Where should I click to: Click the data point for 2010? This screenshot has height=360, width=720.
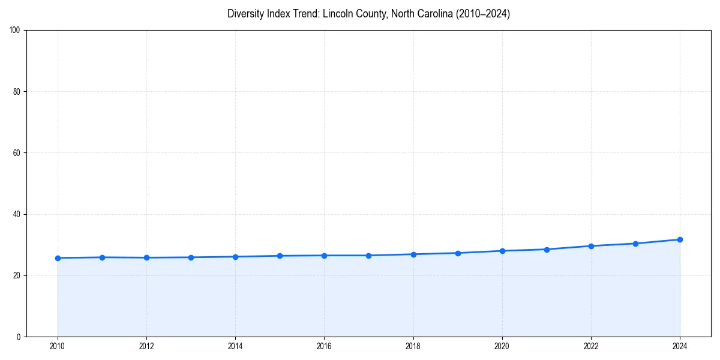click(58, 258)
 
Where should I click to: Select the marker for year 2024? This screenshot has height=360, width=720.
click(680, 239)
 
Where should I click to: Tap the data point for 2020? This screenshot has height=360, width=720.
click(502, 251)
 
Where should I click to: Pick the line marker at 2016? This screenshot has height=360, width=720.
click(324, 256)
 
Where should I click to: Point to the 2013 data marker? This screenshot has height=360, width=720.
click(191, 257)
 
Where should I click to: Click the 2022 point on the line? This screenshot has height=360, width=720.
click(591, 246)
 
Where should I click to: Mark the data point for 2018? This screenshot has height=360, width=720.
click(413, 254)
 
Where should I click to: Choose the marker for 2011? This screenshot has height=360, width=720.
click(102, 257)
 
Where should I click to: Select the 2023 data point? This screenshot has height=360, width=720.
click(635, 244)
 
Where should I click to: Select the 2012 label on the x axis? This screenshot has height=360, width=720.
click(146, 346)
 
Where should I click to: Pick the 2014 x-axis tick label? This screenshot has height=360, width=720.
click(235, 346)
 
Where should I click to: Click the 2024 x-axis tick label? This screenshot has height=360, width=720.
click(680, 346)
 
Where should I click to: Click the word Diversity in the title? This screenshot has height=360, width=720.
click(244, 14)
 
